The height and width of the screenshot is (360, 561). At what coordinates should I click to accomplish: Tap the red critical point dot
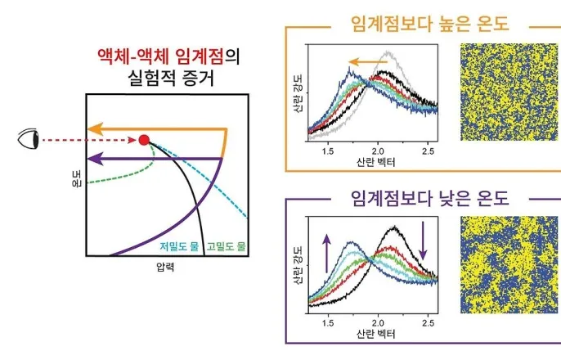145,140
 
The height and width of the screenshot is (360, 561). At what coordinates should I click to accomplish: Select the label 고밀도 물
226,245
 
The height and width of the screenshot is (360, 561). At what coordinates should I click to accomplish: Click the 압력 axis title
166,267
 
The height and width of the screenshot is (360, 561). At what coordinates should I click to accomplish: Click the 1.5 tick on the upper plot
327,151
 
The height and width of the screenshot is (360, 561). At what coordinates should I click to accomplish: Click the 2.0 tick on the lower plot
377,323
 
